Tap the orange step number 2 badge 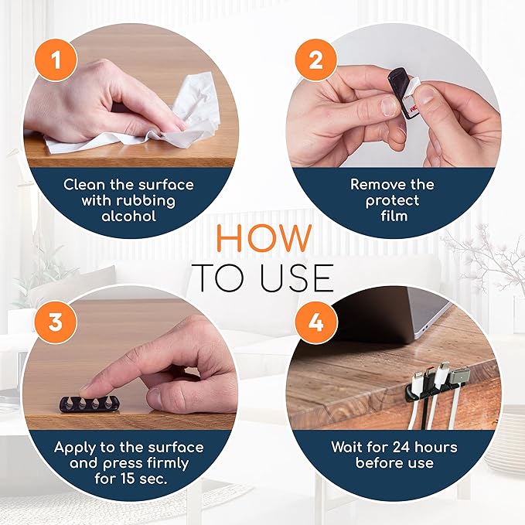315,59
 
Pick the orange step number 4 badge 315,321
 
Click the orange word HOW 263,237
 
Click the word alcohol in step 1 129,216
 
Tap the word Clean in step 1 83,185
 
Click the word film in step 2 393,216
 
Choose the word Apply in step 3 73,448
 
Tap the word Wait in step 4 346,448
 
